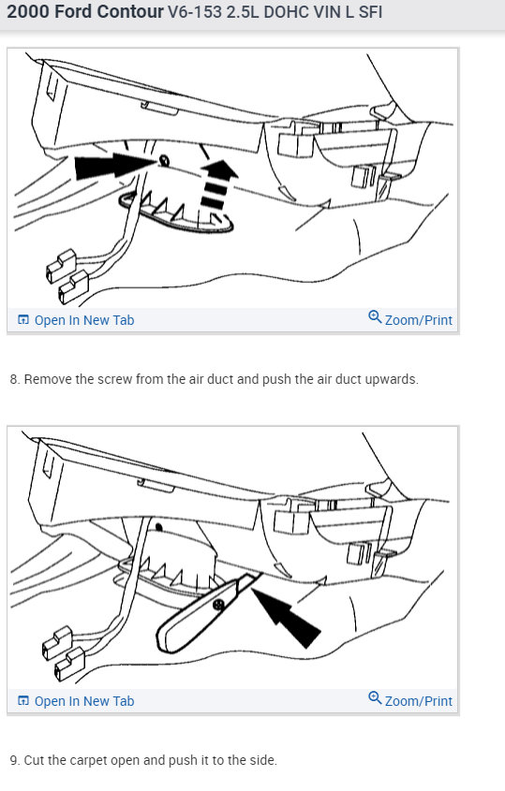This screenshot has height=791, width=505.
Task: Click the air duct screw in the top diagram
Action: click(x=164, y=161)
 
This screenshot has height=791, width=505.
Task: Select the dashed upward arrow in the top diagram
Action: click(x=217, y=184)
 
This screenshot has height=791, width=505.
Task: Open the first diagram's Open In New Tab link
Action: click(x=83, y=320)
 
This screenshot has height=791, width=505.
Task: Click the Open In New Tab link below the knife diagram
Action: click(x=83, y=701)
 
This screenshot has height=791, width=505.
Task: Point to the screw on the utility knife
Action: click(x=218, y=604)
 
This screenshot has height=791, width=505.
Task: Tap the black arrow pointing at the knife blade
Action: click(x=286, y=618)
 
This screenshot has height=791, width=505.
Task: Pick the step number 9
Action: click(x=15, y=760)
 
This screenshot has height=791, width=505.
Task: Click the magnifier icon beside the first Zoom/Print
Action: click(x=375, y=316)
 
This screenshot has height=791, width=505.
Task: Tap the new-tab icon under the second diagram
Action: click(x=23, y=701)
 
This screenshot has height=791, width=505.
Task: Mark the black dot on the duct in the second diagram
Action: click(x=158, y=528)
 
